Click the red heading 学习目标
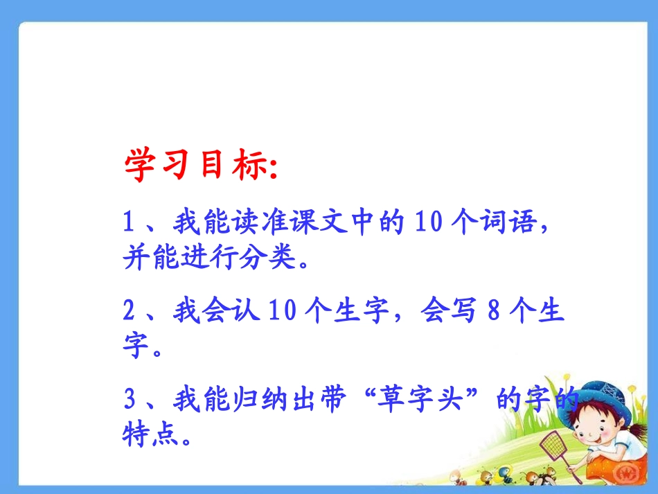click(195, 166)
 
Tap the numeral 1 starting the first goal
click(128, 223)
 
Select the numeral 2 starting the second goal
click(128, 311)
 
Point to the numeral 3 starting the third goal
click(128, 400)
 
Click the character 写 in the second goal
click(461, 311)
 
